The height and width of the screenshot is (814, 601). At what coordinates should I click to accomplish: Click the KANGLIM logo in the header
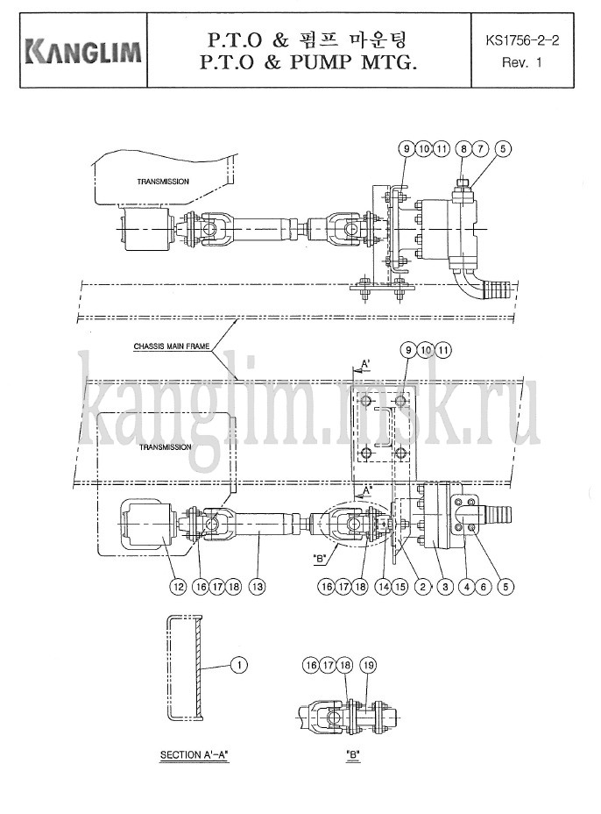tap(83, 51)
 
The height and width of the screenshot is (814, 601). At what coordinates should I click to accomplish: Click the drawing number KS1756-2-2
tap(522, 40)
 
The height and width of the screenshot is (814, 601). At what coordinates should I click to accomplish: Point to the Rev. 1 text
tap(521, 63)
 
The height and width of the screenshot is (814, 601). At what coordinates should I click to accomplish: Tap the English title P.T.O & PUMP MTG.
tap(308, 63)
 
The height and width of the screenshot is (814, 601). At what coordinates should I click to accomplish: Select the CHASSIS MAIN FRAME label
tap(172, 346)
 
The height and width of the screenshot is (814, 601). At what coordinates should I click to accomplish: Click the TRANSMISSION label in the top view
tap(163, 182)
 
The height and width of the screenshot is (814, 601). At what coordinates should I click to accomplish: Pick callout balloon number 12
tap(178, 587)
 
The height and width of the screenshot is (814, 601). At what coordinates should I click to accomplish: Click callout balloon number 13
tap(257, 587)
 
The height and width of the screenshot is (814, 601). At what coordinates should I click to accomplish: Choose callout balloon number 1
tap(238, 665)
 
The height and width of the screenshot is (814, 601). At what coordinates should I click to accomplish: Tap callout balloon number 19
tap(368, 665)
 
